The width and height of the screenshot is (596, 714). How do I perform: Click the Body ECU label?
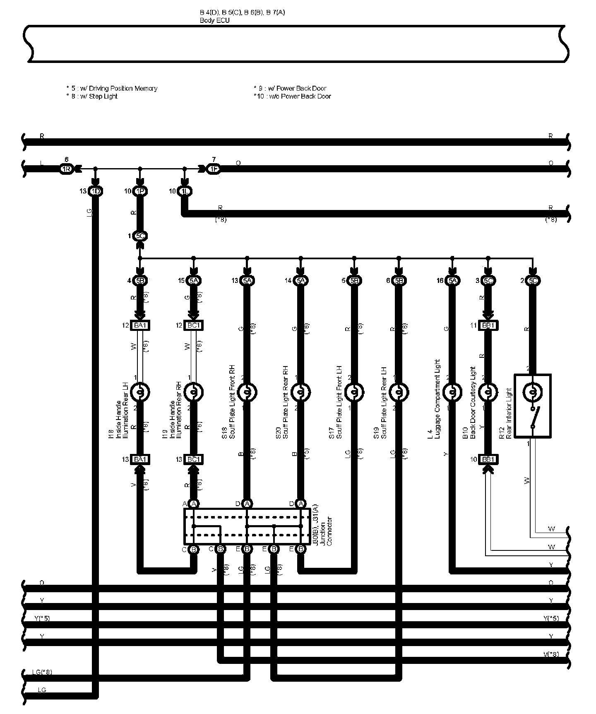coord(214,20)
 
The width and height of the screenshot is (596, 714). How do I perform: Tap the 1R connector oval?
coord(67,169)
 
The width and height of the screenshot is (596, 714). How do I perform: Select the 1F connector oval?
coord(214,169)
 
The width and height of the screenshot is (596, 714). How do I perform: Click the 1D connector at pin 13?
coord(96,191)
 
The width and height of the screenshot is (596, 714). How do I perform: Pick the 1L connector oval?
coord(185,191)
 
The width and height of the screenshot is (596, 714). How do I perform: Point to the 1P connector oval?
coord(140,191)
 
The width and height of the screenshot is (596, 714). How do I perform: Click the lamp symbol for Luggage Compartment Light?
coord(452,391)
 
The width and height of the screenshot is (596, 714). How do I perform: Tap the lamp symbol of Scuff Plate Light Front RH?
coord(247,391)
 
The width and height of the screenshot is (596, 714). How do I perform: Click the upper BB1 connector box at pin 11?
coord(488,326)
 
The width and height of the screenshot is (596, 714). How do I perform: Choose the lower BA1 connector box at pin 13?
coord(140,459)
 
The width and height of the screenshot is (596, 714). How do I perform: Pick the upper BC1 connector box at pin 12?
coord(193,326)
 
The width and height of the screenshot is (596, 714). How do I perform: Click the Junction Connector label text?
coord(329,532)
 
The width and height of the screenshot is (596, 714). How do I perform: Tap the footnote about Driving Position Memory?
coord(112,88)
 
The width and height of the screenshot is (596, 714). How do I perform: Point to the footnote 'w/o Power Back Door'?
coord(292,96)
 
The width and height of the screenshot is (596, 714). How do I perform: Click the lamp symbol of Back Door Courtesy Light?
coord(488,391)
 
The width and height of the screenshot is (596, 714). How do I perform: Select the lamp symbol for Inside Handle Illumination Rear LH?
coord(140,391)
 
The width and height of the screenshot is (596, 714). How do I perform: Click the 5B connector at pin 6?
coord(399,281)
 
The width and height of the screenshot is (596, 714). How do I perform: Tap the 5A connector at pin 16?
coord(452,281)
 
